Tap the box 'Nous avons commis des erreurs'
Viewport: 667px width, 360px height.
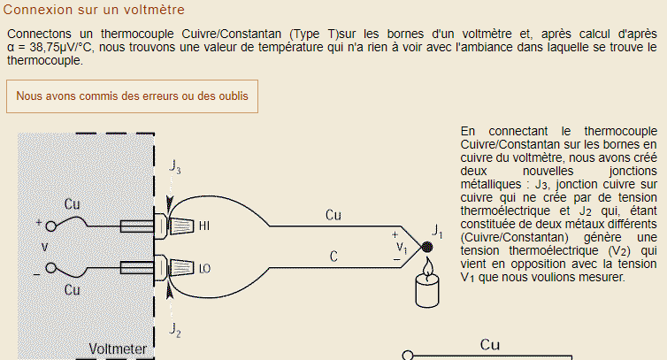[x=133, y=96]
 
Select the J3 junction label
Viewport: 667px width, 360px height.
[x=175, y=167]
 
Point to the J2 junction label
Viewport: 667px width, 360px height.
[x=175, y=329]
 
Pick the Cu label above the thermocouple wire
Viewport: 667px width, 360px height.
[x=333, y=215]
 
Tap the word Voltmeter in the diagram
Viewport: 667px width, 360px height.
[x=118, y=349]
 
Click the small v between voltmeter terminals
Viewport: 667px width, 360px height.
[x=44, y=246]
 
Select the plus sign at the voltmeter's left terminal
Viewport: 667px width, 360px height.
[x=39, y=224]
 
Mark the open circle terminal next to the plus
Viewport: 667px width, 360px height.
[x=51, y=224]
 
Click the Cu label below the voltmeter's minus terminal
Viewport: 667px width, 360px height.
[x=73, y=288]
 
